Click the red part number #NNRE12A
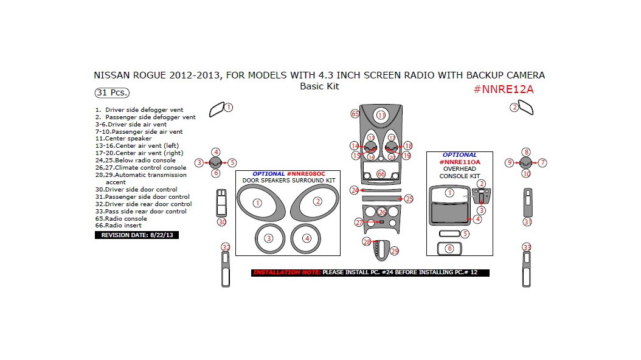[x=503, y=89]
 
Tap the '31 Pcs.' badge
[x=112, y=93]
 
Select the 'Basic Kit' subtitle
[x=319, y=86]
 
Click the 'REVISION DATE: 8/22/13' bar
[x=136, y=235]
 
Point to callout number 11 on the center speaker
[x=381, y=115]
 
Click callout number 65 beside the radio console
[x=355, y=114]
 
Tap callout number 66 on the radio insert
[x=381, y=174]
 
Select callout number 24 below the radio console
[x=355, y=190]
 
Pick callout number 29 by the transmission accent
[x=395, y=251]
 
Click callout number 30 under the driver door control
[x=222, y=222]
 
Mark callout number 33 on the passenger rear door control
[x=527, y=247]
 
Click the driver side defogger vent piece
[x=216, y=109]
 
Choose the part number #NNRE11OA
[x=459, y=162]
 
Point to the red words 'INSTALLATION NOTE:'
[x=286, y=272]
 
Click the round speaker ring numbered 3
[x=269, y=238]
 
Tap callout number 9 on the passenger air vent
[x=509, y=162]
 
